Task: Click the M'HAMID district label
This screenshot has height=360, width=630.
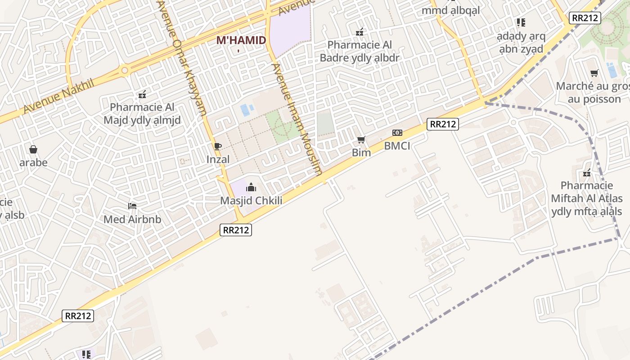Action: tap(241, 40)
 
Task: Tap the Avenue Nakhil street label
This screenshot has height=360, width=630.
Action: tap(58, 96)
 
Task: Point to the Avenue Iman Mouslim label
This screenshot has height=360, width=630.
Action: tap(297, 119)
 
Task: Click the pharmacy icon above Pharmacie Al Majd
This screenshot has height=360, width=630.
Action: tap(142, 94)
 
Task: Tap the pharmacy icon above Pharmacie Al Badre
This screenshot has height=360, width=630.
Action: tap(360, 32)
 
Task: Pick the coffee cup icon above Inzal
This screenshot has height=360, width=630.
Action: tap(218, 146)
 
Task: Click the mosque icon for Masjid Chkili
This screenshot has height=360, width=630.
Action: tap(251, 187)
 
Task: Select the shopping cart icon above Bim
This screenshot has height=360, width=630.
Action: tap(361, 140)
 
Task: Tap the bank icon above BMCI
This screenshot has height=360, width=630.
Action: tap(397, 133)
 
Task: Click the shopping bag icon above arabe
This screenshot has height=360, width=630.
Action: tap(33, 149)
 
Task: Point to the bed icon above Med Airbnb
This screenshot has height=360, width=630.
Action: tap(132, 206)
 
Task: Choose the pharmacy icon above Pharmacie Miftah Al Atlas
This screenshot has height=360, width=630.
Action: tap(587, 173)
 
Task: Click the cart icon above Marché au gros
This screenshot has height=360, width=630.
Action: tap(594, 73)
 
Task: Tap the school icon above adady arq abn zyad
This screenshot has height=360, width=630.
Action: tap(521, 22)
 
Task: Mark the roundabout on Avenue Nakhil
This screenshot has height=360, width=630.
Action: tap(125, 71)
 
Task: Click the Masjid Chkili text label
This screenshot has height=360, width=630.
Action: tap(251, 201)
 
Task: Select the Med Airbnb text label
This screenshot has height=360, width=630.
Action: tap(132, 220)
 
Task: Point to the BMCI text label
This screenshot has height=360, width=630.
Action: tap(397, 146)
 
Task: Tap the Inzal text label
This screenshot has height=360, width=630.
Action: tap(218, 159)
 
